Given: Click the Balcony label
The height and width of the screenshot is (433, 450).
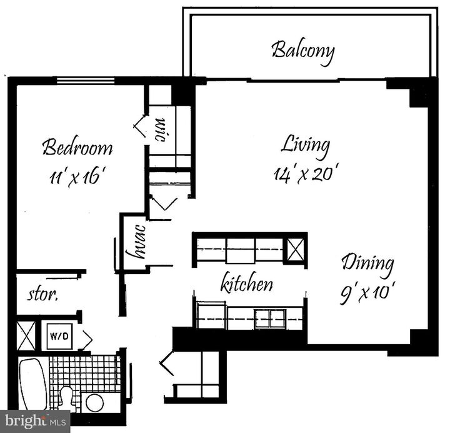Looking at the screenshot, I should (x=303, y=51).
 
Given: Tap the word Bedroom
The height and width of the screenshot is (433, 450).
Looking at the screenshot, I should (x=77, y=148).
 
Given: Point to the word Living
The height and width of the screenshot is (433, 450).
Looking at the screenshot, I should (x=304, y=145).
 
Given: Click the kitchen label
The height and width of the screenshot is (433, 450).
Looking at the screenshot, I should (x=247, y=284).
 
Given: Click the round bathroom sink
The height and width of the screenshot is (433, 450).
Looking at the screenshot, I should (x=95, y=402).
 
